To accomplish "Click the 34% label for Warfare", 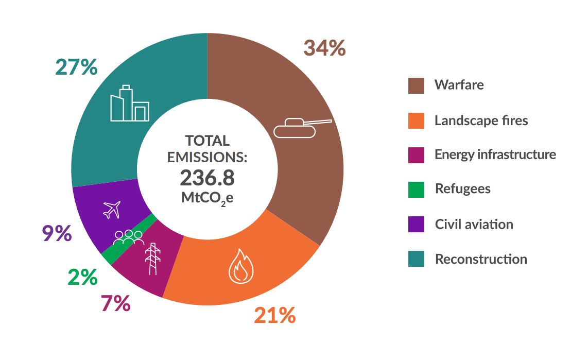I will coord(324,48).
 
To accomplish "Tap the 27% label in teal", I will coord(76,67).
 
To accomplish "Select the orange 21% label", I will coord(274,315).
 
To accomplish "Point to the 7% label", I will coord(115,304).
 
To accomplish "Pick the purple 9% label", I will coord(56,233).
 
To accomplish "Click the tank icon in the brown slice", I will coord(301,128).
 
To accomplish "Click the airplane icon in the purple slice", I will coord(112,209).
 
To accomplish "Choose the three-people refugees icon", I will coord(128,237).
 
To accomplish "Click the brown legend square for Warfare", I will coord(416,85).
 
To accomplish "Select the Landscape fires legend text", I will coord(481,121).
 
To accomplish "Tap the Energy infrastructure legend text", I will coord(495,155).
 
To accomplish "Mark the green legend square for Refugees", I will coord(416,190).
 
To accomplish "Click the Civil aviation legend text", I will coord(474,225).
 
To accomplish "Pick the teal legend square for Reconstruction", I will coord(416,259).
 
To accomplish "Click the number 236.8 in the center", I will coord(207,178).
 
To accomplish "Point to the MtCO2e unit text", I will coord(207,198).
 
